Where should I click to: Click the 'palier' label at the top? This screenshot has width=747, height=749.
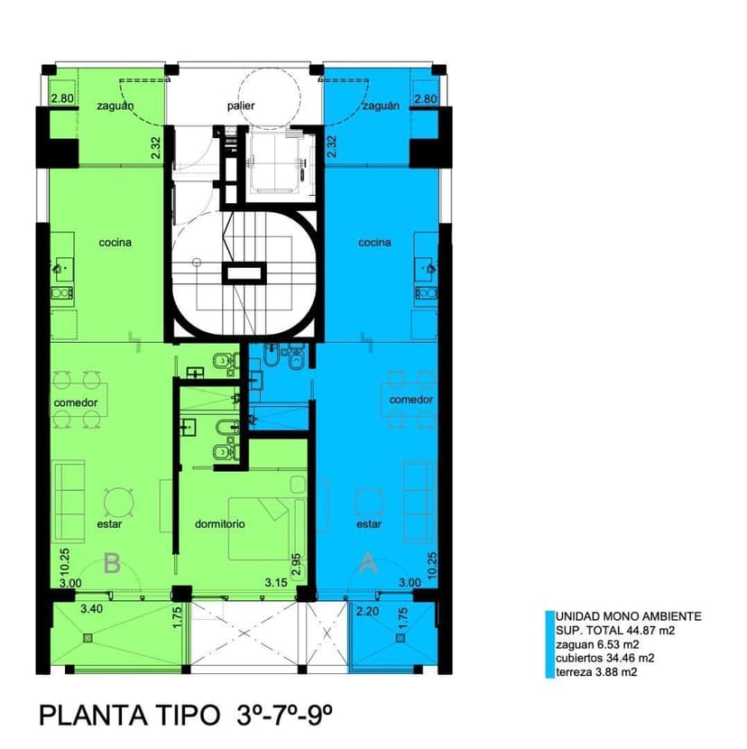tap(241, 106)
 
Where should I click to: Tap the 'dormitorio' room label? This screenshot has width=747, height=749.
tap(220, 524)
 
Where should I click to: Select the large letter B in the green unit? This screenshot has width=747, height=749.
tap(112, 563)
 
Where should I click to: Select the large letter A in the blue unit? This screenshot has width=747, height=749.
tap(367, 563)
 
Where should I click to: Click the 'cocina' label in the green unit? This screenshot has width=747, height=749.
tap(115, 243)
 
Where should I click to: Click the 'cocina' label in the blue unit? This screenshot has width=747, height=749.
tap(374, 243)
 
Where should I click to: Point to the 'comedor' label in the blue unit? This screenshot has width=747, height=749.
tap(410, 400)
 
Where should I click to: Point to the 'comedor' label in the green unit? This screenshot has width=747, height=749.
tap(76, 402)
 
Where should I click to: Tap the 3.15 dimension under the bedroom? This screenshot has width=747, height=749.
tap(276, 583)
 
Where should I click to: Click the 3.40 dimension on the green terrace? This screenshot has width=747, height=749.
tap(91, 609)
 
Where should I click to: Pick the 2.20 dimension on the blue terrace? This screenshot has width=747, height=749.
tap(367, 611)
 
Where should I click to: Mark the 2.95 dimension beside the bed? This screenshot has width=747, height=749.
tap(296, 565)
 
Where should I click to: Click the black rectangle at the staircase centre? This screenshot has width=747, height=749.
tap(244, 273)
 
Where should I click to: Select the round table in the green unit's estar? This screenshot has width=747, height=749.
tap(118, 503)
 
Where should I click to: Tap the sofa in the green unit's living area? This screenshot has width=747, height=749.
tap(69, 501)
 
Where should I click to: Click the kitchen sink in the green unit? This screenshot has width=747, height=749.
tap(61, 267)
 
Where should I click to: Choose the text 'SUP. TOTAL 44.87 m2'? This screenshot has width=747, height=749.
tap(615, 631)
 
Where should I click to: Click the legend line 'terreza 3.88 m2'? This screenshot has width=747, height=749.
tap(596, 672)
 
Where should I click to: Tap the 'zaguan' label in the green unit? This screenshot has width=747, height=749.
tap(115, 106)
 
